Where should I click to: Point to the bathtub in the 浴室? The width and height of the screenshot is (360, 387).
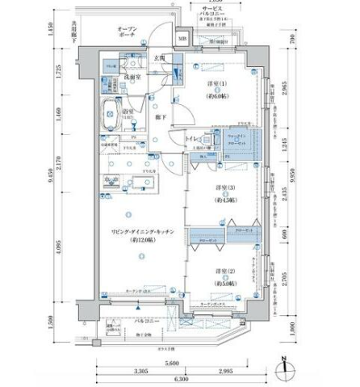[x=117, y=114]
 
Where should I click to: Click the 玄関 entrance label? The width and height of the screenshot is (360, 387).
[x=160, y=59]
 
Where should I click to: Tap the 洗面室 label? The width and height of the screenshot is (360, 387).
[x=132, y=77]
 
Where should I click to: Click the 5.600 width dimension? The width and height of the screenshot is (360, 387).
[x=171, y=364]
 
